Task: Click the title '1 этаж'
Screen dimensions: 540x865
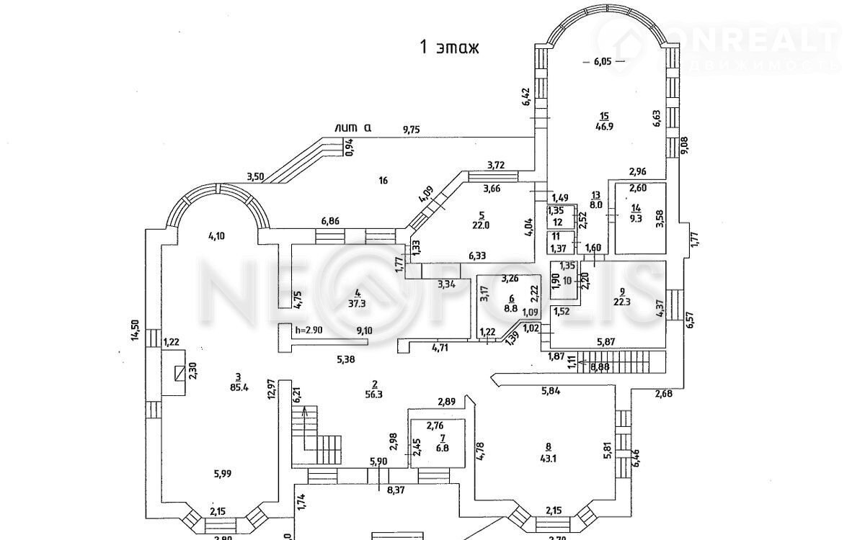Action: click(449, 48)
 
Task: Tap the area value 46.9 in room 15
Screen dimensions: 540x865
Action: click(604, 125)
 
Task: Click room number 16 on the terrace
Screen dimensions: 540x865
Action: click(383, 180)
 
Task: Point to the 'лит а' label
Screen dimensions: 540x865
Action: click(353, 128)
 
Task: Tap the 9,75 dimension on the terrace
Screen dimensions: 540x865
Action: click(412, 130)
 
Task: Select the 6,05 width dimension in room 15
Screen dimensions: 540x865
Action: click(602, 62)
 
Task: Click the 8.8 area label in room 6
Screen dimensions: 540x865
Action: click(512, 308)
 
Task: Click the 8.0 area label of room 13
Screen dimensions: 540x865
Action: click(595, 204)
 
